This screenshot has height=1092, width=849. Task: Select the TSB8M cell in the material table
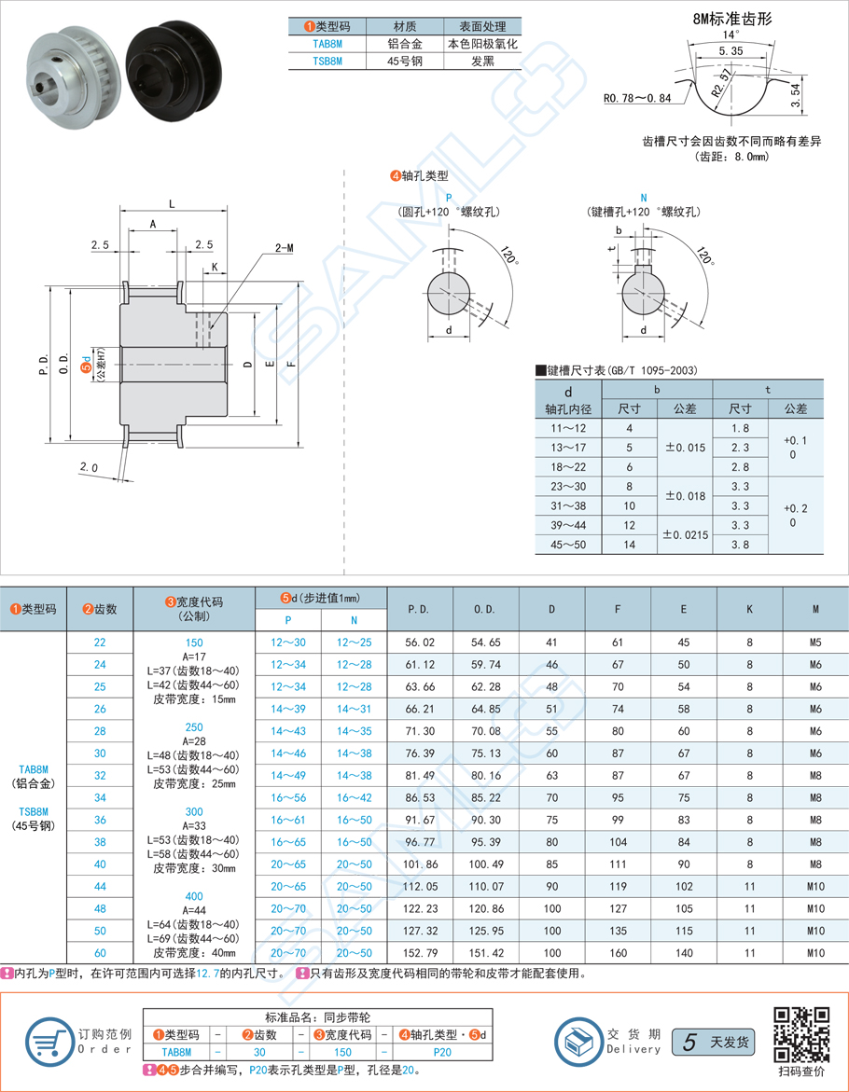pyautogui.click(x=327, y=62)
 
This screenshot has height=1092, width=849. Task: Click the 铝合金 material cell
pyautogui.click(x=404, y=44)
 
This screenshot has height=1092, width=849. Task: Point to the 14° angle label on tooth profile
pyautogui.click(x=730, y=35)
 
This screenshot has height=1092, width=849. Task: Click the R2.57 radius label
pyautogui.click(x=720, y=82)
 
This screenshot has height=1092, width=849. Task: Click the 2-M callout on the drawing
pyautogui.click(x=284, y=248)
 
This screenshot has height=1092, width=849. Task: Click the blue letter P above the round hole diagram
pyautogui.click(x=449, y=198)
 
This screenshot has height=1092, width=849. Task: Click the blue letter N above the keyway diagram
pyautogui.click(x=643, y=198)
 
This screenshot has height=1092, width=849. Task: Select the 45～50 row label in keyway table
pyautogui.click(x=569, y=545)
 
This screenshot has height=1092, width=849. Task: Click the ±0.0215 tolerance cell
pyautogui.click(x=685, y=535)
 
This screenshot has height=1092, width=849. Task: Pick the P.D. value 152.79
pyautogui.click(x=419, y=953)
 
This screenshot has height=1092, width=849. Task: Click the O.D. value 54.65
pyautogui.click(x=485, y=643)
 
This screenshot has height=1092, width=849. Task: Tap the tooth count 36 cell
pyautogui.click(x=101, y=819)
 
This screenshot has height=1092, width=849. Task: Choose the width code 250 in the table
pyautogui.click(x=194, y=727)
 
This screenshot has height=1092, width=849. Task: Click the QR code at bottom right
pyautogui.click(x=802, y=1033)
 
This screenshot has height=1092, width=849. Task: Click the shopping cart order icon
pyautogui.click(x=44, y=1041)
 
